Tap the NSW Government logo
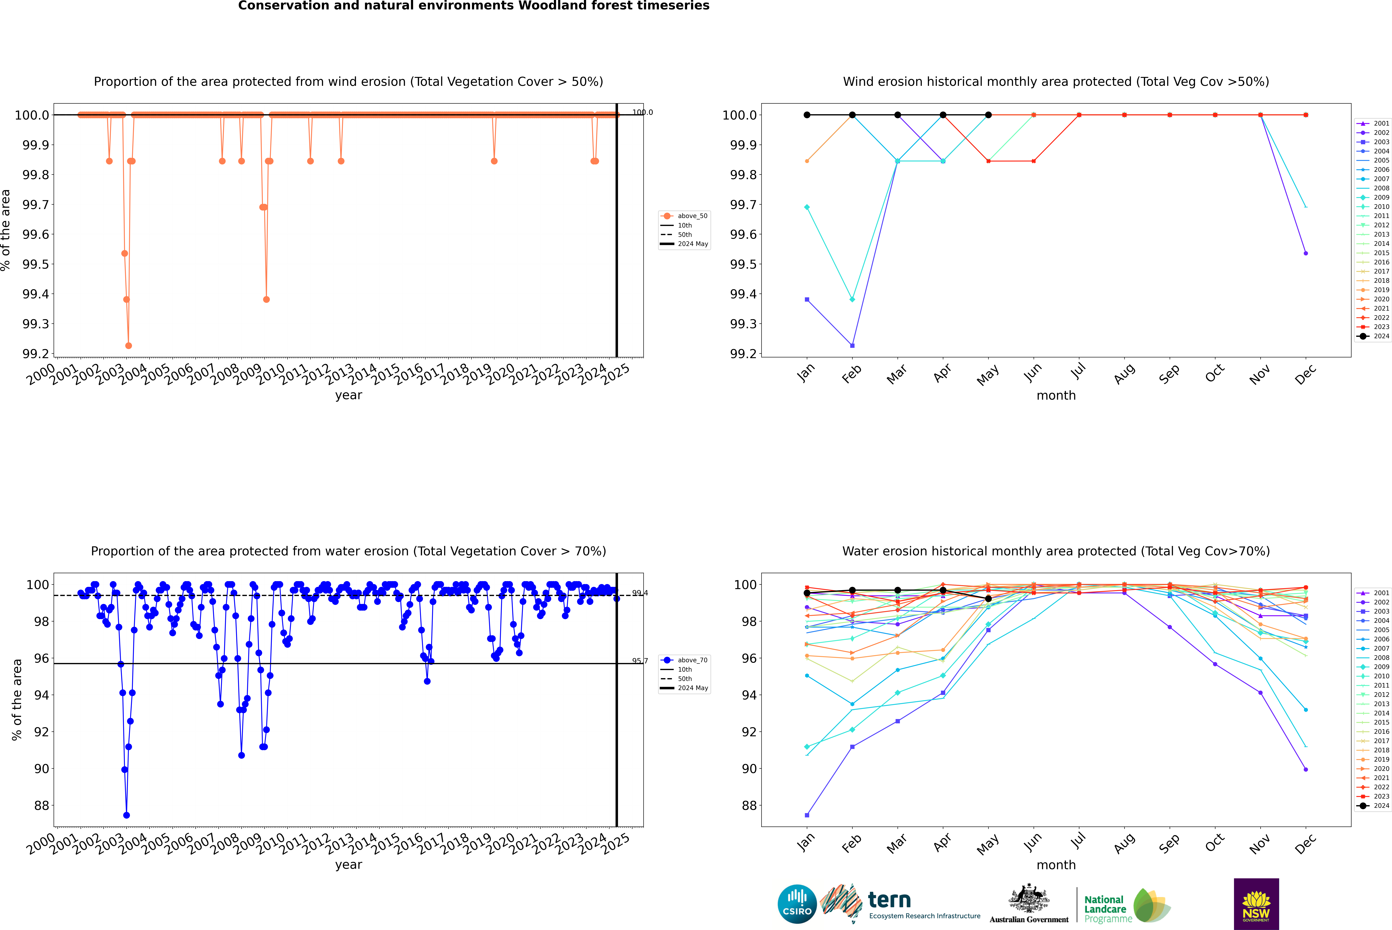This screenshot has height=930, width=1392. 1256,904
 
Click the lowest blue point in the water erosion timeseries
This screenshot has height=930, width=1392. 126,815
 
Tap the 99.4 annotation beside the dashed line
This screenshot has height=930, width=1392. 640,593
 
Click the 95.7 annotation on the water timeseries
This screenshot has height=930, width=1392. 640,661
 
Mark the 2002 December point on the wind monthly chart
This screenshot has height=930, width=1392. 1305,253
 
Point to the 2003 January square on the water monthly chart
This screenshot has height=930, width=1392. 807,815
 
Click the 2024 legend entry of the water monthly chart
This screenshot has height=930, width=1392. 1373,805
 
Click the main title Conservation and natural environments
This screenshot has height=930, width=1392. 473,6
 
